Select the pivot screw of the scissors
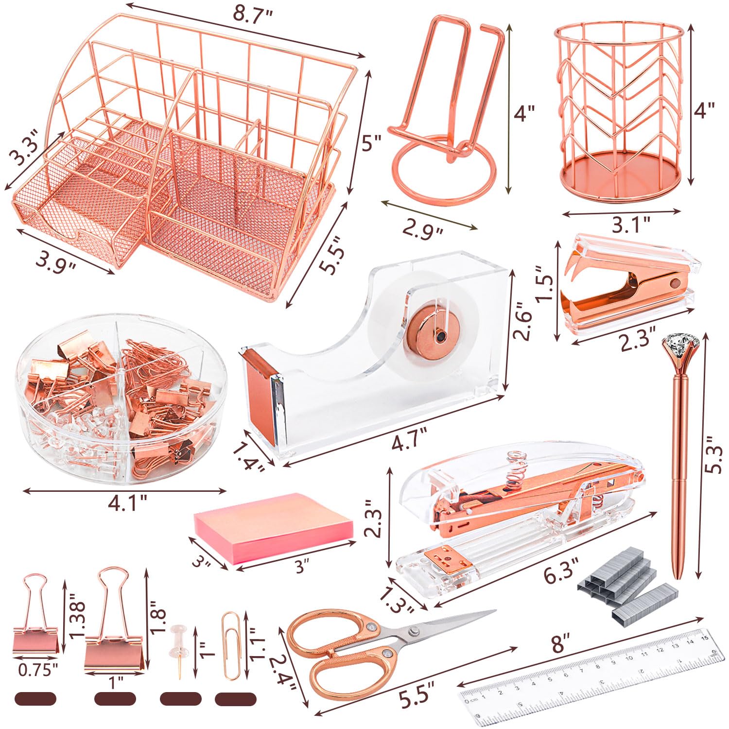tap(415, 631)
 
